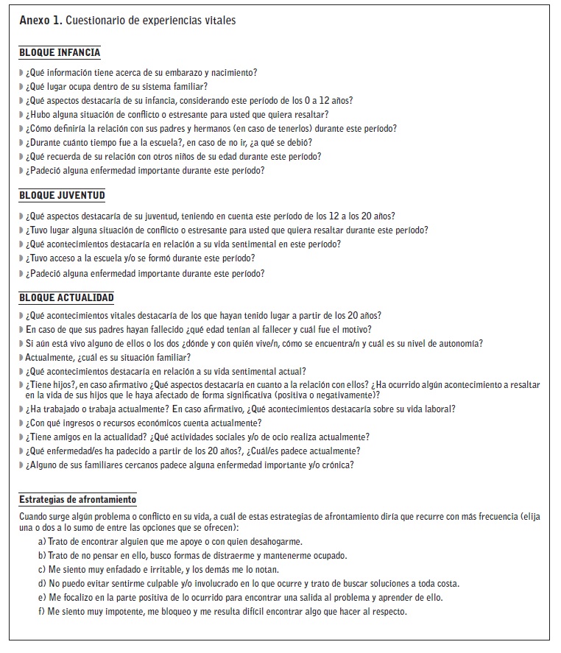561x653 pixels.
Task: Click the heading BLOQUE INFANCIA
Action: click(60, 53)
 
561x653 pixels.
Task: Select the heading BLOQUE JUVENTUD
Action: click(62, 195)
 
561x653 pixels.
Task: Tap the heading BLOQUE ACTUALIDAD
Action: click(66, 297)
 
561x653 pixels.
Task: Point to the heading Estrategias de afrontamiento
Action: click(77, 500)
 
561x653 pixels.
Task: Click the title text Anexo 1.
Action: click(40, 21)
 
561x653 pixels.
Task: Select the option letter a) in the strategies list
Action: click(42, 541)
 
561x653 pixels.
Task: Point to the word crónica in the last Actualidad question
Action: click(335, 465)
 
